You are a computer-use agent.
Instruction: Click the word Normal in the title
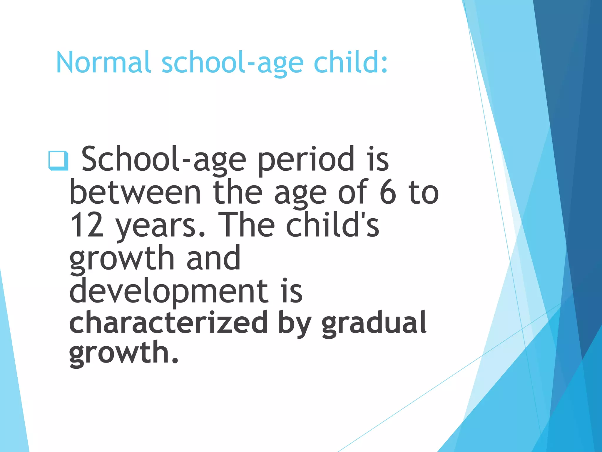click(x=103, y=62)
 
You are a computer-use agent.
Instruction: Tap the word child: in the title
click(x=350, y=62)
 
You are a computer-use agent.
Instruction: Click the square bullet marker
click(x=58, y=161)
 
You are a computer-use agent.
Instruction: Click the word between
click(x=135, y=193)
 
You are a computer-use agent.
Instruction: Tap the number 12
click(x=87, y=225)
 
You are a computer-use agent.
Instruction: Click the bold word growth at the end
click(x=123, y=353)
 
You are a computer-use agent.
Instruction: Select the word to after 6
click(x=424, y=193)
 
